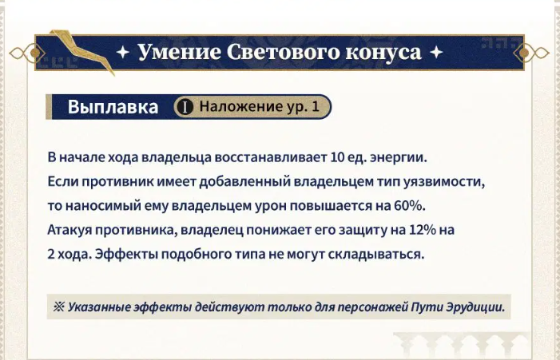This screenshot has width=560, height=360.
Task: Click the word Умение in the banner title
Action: click(179, 51)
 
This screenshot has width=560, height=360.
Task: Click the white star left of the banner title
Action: click(122, 53)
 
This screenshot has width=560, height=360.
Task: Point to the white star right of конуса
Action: click(436, 53)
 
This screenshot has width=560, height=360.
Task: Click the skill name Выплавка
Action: click(113, 107)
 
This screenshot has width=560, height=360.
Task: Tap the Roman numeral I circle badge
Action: click(185, 107)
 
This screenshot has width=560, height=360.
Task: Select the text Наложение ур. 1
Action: click(260, 106)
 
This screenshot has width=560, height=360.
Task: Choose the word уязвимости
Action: click(444, 182)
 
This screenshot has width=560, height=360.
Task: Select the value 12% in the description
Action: click(422, 230)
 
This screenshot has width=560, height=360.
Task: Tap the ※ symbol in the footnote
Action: click(58, 307)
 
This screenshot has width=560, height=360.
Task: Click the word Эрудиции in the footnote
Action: click(475, 307)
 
